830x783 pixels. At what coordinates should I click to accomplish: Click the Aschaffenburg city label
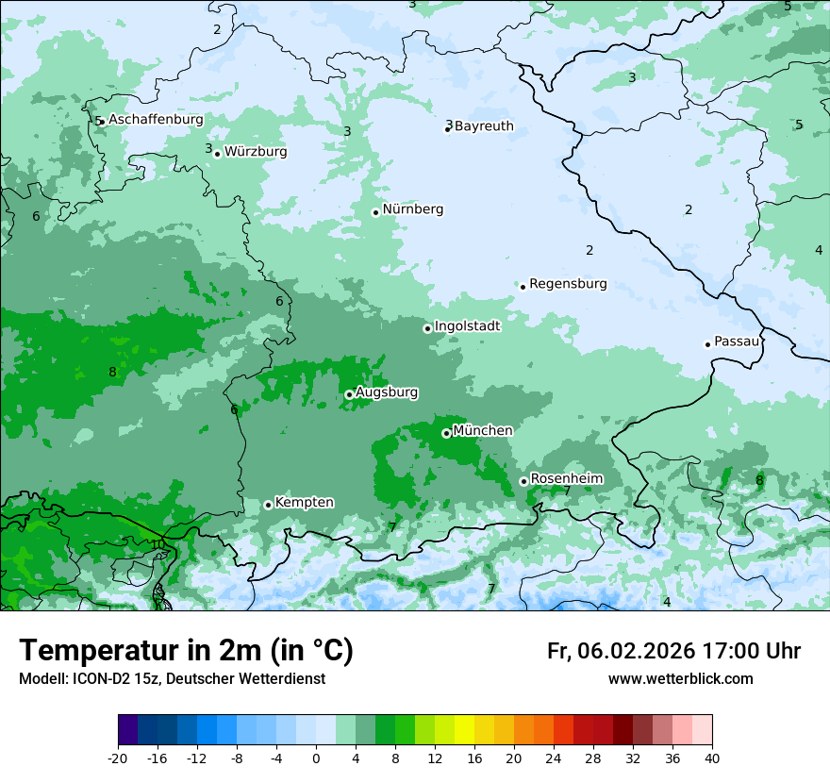tap(156, 120)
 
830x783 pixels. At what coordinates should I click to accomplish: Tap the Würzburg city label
tap(256, 152)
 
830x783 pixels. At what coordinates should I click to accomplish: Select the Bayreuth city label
tap(484, 126)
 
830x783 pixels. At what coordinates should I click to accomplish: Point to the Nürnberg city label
tap(413, 209)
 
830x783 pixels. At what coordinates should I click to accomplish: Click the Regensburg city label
tap(568, 284)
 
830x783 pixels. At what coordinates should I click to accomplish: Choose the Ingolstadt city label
tap(467, 325)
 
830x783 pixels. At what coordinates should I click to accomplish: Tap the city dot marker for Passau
tap(707, 344)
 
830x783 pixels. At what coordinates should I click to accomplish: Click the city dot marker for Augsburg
tap(349, 394)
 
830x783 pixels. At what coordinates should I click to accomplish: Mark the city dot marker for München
tap(446, 433)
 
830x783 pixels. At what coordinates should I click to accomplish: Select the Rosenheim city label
tap(566, 479)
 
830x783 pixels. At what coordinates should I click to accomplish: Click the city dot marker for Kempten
tap(268, 505)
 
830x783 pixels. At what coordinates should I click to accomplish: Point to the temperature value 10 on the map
tap(158, 544)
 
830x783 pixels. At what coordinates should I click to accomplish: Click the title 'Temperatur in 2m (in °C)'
tap(187, 651)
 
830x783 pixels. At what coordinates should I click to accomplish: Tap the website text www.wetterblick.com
tap(680, 679)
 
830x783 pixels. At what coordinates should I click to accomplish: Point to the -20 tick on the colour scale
tap(118, 758)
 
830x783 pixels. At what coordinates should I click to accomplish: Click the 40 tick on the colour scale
tap(712, 758)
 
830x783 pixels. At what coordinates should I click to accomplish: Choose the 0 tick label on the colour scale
tap(316, 758)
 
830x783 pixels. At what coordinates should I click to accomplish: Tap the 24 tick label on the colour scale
tap(554, 758)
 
